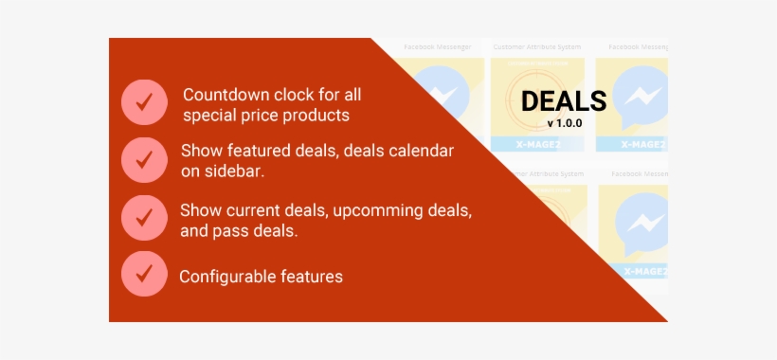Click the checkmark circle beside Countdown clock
144,102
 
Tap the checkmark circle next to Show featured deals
144,160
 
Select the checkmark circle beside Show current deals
144,217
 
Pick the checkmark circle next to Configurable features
144,275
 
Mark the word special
208,116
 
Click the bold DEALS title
564,101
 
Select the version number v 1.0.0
564,123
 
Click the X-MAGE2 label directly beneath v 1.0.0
536,144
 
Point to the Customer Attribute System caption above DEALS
535,45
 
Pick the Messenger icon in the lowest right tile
641,224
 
